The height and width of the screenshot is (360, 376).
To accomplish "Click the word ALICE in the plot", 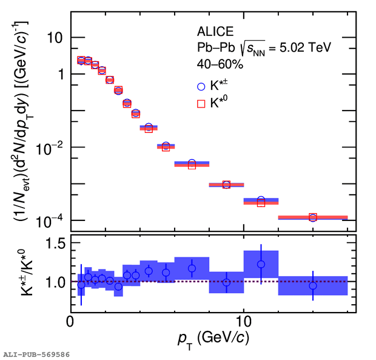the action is [x=215, y=32].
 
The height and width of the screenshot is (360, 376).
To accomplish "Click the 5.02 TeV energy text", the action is [x=305, y=47].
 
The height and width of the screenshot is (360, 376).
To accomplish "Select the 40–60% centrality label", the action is [x=220, y=64].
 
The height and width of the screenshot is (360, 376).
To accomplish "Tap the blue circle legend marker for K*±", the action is [x=201, y=87].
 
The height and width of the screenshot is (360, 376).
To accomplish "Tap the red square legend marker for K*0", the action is [x=201, y=104].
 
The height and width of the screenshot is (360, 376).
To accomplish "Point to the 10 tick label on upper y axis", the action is [x=55, y=38].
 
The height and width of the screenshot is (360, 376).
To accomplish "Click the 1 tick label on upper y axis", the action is [x=61, y=74].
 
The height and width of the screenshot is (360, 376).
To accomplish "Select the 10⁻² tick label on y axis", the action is [x=49, y=148].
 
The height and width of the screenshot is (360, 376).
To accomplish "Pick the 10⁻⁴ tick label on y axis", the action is [x=49, y=221].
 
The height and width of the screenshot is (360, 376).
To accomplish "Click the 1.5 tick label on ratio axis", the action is [x=55, y=243].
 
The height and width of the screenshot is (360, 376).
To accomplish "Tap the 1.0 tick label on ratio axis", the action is [x=55, y=282].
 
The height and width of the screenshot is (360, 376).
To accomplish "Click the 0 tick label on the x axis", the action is [x=70, y=321].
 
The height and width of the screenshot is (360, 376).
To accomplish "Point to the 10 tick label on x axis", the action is [x=244, y=321].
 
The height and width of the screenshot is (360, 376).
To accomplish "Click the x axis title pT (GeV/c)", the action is [x=213, y=339].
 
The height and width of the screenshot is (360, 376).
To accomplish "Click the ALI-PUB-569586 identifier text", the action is [x=36, y=355].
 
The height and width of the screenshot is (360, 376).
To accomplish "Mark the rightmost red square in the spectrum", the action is [x=313, y=217].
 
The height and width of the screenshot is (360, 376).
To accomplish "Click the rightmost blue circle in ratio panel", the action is [x=313, y=285].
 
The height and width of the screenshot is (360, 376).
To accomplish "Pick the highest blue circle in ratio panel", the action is [x=261, y=264].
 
